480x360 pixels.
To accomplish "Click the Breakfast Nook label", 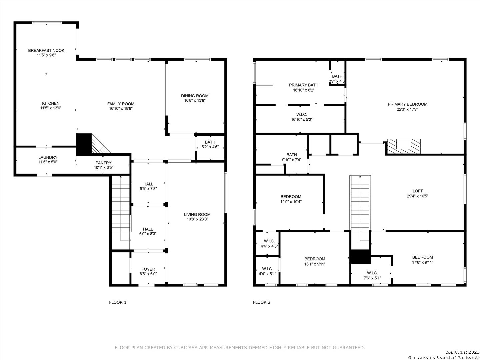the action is [x=46, y=50].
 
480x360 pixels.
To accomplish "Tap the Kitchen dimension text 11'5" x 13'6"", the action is [x=51, y=108].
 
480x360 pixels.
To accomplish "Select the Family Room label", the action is [x=121, y=104].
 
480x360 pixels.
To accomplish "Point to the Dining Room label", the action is [x=195, y=96].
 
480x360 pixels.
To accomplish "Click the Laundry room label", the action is [x=48, y=157].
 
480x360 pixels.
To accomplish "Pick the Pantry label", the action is [x=103, y=163].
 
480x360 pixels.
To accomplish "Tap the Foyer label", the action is [x=148, y=269].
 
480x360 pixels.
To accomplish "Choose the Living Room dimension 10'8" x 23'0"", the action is [x=197, y=219].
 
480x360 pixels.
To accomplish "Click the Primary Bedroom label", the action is [x=408, y=104].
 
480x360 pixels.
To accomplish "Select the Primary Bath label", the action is [x=304, y=85].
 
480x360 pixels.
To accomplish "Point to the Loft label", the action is [x=417, y=191].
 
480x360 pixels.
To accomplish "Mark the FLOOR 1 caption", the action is [x=118, y=302].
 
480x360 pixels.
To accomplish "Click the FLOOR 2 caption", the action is [x=262, y=302].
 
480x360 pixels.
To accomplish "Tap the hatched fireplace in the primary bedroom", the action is [x=404, y=147].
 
